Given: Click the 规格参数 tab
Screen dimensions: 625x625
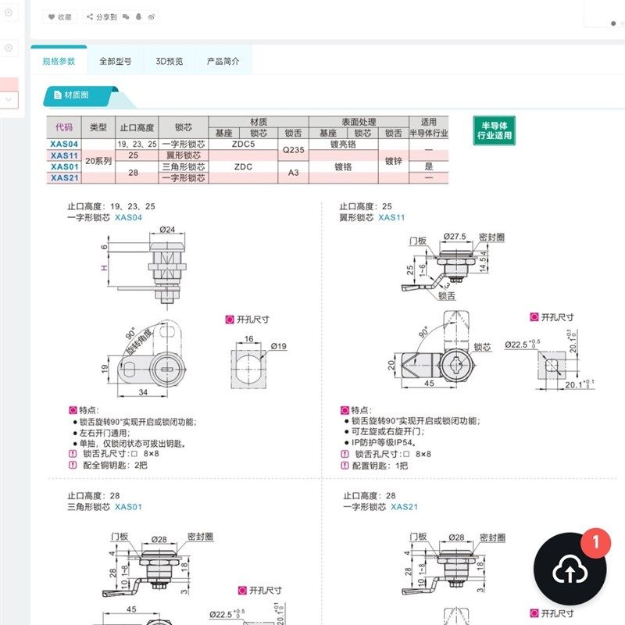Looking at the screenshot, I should (59, 61).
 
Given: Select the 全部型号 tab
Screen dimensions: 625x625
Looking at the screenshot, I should (115, 61).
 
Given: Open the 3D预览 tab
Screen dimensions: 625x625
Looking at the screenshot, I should (169, 61).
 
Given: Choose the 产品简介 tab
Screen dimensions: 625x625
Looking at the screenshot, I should (223, 61).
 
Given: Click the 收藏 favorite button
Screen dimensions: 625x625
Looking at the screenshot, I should (59, 16).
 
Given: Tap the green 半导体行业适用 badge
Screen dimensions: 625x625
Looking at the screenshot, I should (494, 130).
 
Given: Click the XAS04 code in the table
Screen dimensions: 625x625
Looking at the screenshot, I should (64, 145).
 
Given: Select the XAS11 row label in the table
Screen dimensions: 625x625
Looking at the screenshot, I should (64, 155).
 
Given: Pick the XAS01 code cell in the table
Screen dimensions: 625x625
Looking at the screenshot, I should (64, 166).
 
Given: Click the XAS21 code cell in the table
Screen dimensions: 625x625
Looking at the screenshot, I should (64, 177).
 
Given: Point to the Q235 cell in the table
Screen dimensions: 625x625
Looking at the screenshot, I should (294, 150).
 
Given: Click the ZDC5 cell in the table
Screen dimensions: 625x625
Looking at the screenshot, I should (244, 145).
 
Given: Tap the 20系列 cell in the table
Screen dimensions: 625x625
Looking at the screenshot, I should (98, 161).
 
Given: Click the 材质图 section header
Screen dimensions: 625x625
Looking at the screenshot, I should (77, 95).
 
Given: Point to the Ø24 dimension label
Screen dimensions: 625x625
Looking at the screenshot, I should (167, 230).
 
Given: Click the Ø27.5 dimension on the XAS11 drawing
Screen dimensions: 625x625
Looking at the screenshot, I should (454, 235).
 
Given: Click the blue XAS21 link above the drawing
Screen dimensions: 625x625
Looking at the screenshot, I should (405, 507).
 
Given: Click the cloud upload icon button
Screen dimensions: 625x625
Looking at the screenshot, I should (570, 572).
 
